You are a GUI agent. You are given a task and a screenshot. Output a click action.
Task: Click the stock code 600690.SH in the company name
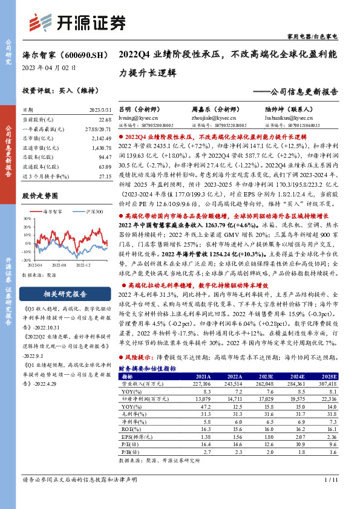click(x=82, y=54)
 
